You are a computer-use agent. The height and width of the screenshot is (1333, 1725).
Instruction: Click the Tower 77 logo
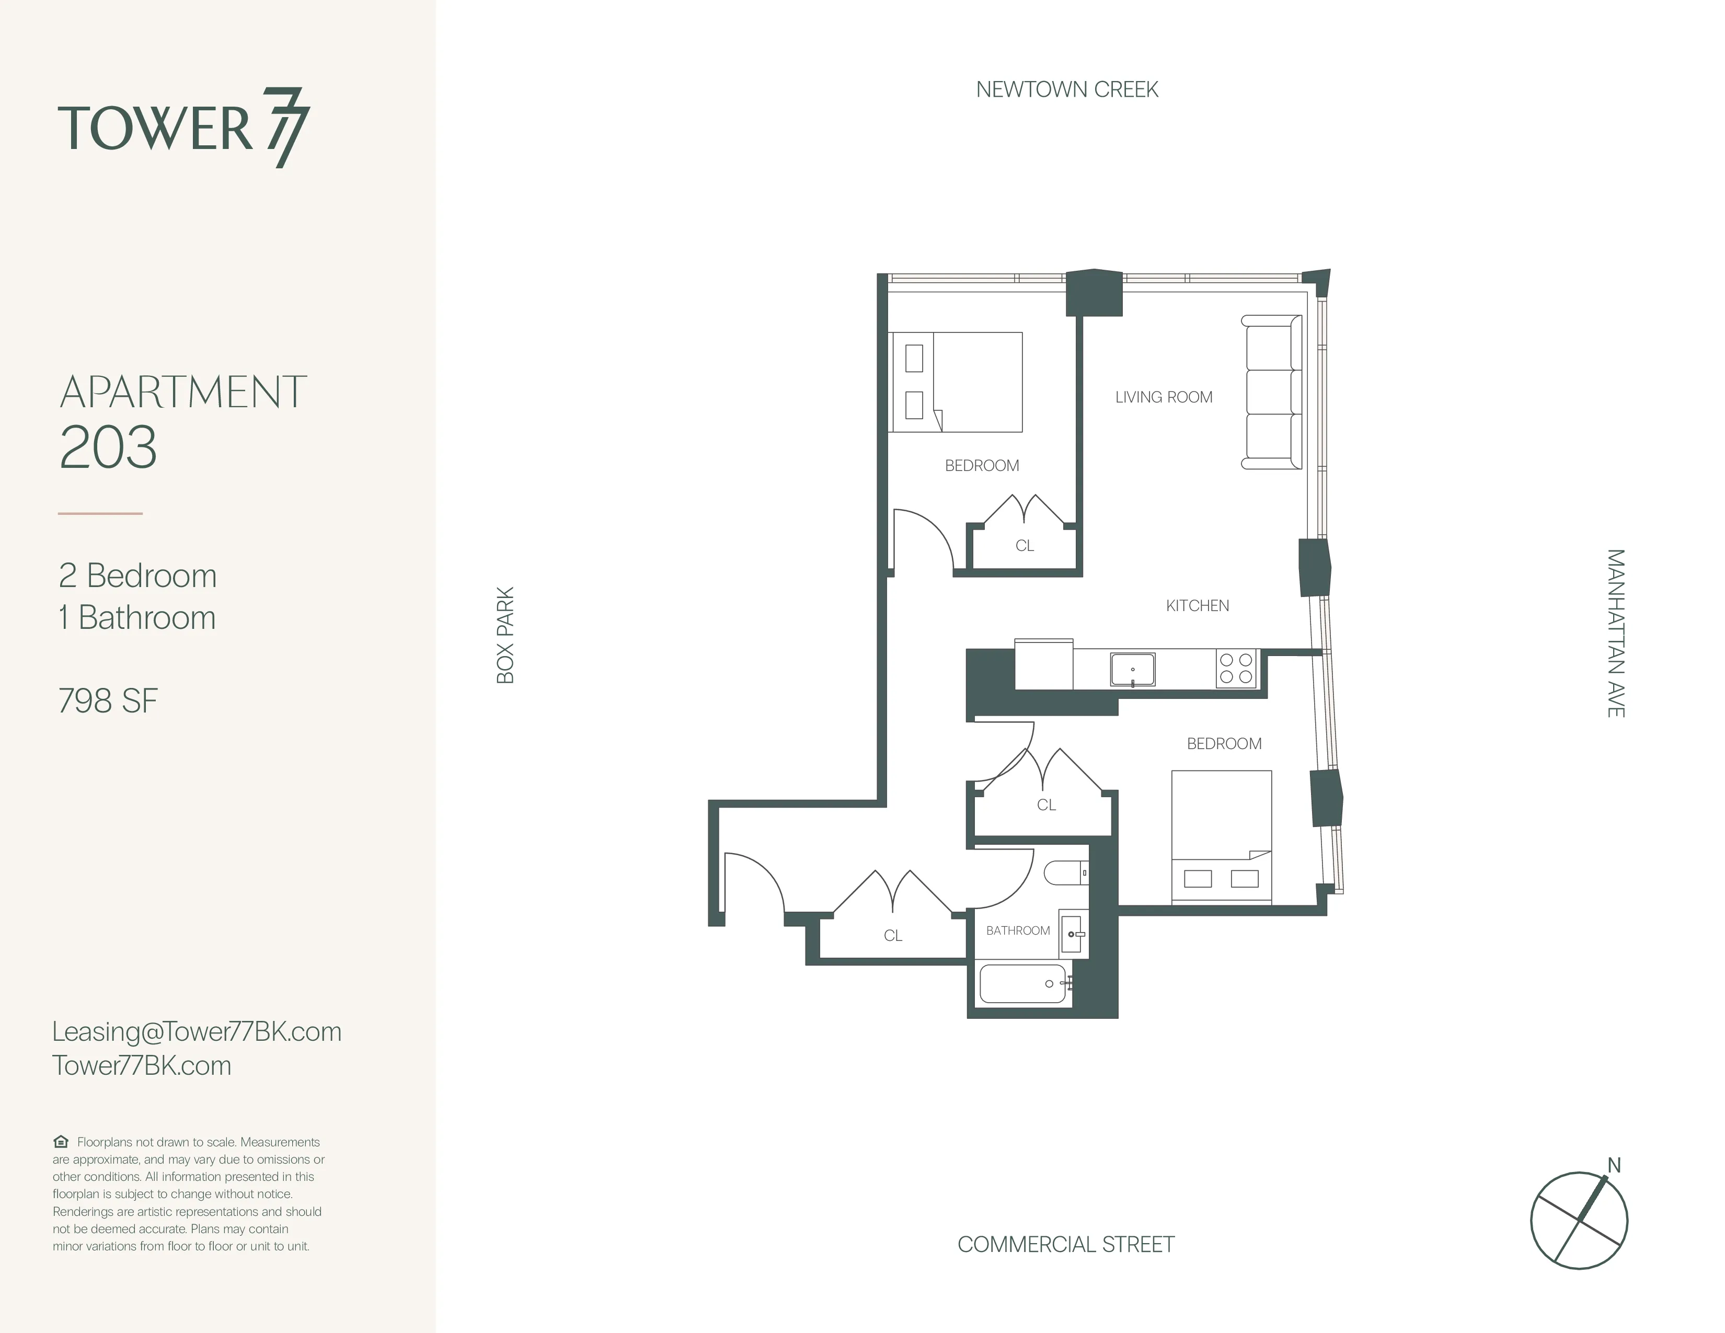pyautogui.click(x=183, y=128)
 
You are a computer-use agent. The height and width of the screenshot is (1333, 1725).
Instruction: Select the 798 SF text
pyautogui.click(x=108, y=701)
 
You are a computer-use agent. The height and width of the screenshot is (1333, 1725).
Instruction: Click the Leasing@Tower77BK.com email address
pyautogui.click(x=197, y=1031)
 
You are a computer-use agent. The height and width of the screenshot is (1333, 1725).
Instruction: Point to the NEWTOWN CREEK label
pyautogui.click(x=1066, y=90)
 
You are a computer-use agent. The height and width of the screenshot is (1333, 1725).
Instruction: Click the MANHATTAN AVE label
pyautogui.click(x=1615, y=634)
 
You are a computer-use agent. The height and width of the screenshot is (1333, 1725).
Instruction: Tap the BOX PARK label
pyautogui.click(x=505, y=635)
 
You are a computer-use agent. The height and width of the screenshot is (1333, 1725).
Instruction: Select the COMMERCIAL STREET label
pyautogui.click(x=1065, y=1245)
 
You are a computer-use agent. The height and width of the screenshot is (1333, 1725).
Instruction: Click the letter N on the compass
pyautogui.click(x=1614, y=1166)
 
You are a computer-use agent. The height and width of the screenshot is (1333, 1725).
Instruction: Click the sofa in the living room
pyautogui.click(x=1271, y=393)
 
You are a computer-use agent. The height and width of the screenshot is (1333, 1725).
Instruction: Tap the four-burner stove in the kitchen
pyautogui.click(x=1236, y=668)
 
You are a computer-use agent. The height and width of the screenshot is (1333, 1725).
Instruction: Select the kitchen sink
pyautogui.click(x=1133, y=670)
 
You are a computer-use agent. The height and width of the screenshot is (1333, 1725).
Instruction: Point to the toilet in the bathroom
pyautogui.click(x=1065, y=872)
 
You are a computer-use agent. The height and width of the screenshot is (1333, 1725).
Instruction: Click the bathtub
pyautogui.click(x=1023, y=984)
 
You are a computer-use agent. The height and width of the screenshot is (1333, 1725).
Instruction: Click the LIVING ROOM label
pyautogui.click(x=1164, y=397)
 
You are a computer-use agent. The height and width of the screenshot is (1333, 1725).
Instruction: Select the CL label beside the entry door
pyautogui.click(x=892, y=936)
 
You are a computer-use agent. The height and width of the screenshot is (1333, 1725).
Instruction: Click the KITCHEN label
pyautogui.click(x=1198, y=606)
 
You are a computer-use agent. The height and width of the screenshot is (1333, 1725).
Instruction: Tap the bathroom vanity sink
pyautogui.click(x=1073, y=934)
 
